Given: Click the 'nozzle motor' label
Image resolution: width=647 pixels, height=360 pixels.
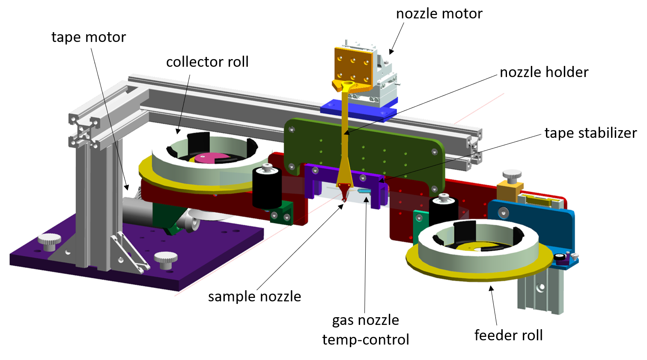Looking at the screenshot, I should click(439, 14).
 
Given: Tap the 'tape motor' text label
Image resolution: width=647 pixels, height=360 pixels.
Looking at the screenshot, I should click(89, 37).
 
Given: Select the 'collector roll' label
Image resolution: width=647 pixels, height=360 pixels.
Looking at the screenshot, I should click(207, 62).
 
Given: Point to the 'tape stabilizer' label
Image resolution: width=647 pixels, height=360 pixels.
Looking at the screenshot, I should click(590, 133).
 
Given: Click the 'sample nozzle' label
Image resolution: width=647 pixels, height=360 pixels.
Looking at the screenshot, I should click(254, 297).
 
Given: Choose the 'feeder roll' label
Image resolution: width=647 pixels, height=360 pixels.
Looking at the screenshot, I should click(508, 335).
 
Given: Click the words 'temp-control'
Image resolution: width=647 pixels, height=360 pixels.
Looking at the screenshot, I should click(366, 339).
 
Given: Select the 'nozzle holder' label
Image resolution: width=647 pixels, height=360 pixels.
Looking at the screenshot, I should click(544, 72).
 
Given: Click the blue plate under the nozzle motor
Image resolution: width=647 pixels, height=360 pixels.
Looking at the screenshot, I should click(359, 110).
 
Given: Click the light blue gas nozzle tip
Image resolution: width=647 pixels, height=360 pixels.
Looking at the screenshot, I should click(364, 192).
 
